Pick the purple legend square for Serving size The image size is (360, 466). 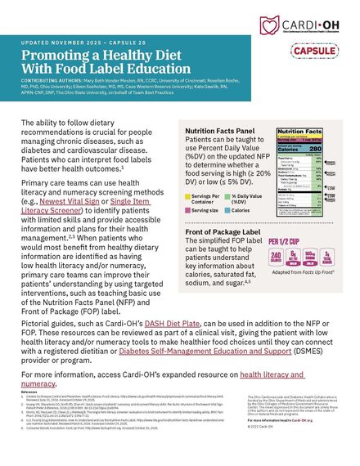coord(188,211)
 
